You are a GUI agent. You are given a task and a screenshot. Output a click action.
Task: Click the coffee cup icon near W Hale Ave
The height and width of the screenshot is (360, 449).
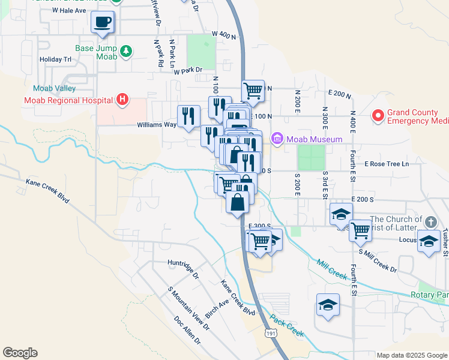click(x=102, y=23)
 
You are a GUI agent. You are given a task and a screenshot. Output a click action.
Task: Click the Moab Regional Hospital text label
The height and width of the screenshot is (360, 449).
click(x=68, y=100)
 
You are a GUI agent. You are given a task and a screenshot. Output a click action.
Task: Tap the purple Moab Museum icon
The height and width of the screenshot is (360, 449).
click(x=277, y=139)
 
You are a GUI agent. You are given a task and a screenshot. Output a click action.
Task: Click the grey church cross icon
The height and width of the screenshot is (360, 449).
click(x=430, y=222)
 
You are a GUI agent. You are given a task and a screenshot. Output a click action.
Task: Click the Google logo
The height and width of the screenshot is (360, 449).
click(x=20, y=353)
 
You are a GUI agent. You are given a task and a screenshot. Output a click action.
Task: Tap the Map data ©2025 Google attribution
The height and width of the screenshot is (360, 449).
click(x=411, y=355)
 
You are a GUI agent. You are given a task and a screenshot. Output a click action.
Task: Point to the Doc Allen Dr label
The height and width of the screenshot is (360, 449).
click(x=188, y=331)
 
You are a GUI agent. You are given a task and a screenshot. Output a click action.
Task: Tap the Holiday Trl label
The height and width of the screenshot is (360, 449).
click(x=55, y=59)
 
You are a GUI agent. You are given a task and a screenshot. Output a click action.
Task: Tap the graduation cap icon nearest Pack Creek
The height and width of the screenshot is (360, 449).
click(x=328, y=305)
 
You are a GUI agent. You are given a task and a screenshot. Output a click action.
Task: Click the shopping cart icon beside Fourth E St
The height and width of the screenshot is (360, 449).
click(x=360, y=229)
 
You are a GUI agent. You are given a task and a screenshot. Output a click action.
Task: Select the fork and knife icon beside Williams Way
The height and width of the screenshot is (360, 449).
click(x=189, y=116)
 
